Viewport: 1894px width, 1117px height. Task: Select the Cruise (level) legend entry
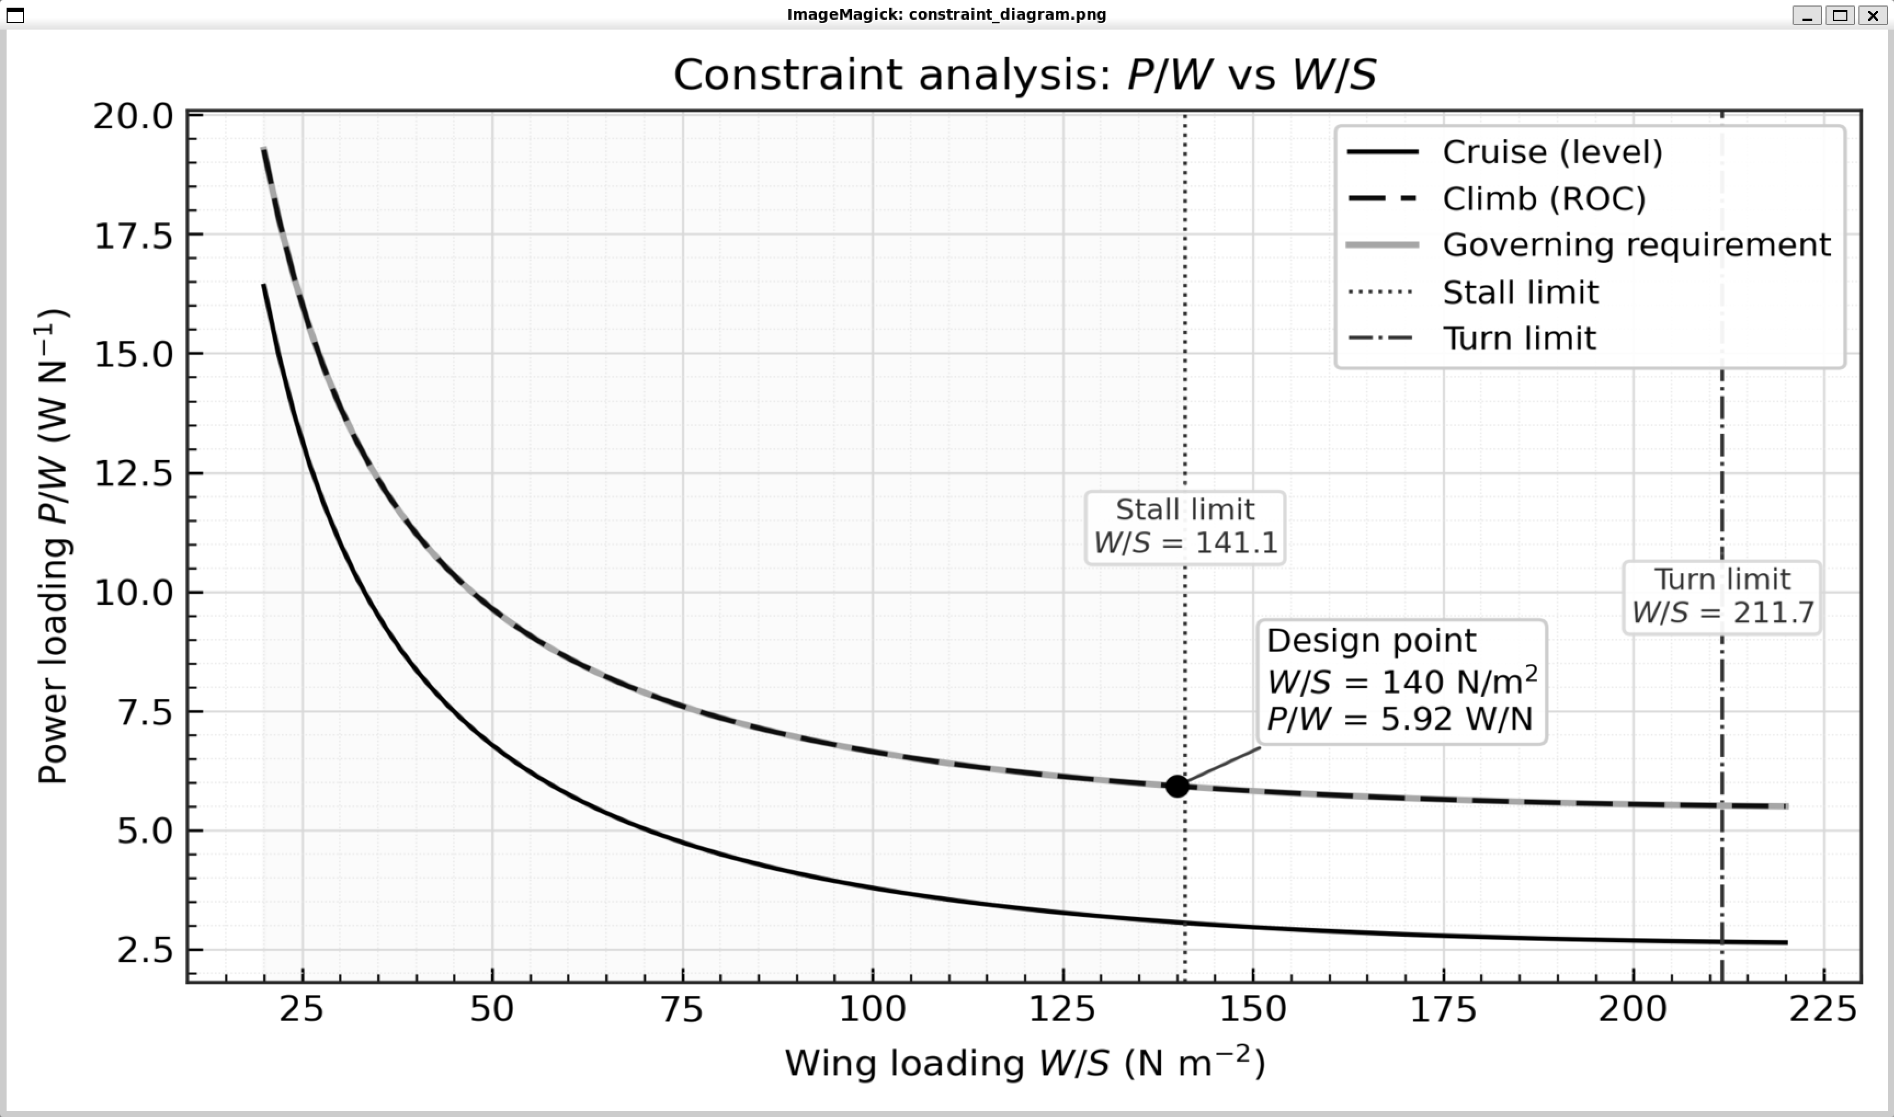[x=1551, y=152]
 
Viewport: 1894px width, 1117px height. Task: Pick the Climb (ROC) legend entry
[x=1543, y=199]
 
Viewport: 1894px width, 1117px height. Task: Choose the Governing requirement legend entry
[x=1636, y=245]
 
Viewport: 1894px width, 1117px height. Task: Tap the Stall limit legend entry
[x=1520, y=292]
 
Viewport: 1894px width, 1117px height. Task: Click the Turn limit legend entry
[x=1518, y=339]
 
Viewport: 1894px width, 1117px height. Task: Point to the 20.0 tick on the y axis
[x=133, y=117]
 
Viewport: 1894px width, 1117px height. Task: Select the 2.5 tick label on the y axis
[x=145, y=950]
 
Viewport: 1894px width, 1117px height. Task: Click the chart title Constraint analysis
[x=1024, y=75]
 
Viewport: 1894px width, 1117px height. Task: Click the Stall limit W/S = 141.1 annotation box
[x=1185, y=527]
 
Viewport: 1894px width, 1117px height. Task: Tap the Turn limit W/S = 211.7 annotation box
[x=1721, y=597]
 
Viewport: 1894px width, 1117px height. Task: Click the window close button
[x=1873, y=15]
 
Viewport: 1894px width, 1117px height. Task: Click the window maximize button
[x=1840, y=15]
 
